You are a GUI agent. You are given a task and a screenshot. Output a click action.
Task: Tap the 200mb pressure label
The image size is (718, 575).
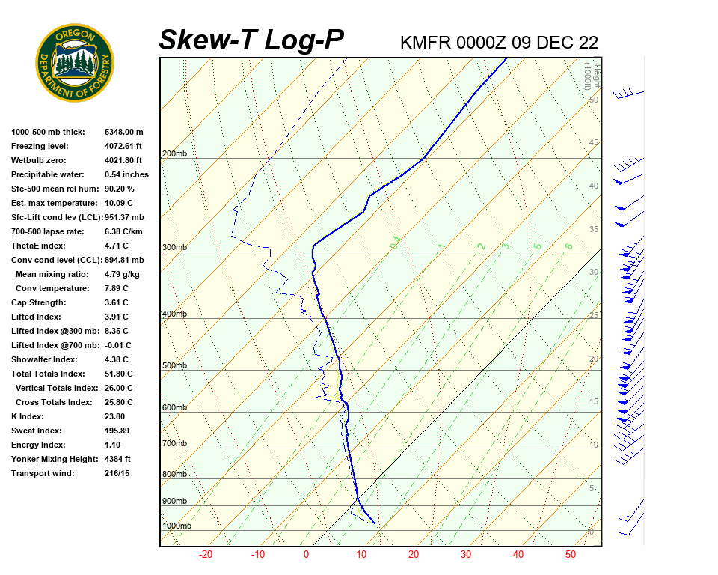pyautogui.click(x=174, y=154)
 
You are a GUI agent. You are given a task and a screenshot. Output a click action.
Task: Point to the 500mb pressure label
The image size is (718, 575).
pyautogui.click(x=174, y=365)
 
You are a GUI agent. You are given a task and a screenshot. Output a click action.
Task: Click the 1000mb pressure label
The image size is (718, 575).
pyautogui.click(x=177, y=526)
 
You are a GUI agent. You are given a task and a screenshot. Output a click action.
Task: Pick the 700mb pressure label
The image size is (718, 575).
pyautogui.click(x=174, y=444)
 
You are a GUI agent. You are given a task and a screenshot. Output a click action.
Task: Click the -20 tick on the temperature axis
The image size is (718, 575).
pyautogui.click(x=206, y=555)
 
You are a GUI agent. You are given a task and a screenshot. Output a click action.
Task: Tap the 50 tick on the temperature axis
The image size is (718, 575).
pyautogui.click(x=571, y=555)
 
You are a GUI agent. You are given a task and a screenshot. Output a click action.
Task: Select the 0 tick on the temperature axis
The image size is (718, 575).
pyautogui.click(x=306, y=555)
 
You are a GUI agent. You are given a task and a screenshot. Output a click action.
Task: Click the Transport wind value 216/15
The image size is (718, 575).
pyautogui.click(x=117, y=473)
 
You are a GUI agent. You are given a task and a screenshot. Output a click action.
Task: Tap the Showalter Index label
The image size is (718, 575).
pyautogui.click(x=43, y=359)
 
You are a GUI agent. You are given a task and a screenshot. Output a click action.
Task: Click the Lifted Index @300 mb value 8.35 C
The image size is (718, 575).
pyautogui.click(x=117, y=331)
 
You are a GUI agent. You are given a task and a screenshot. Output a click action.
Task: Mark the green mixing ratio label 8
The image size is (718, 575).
pyautogui.click(x=568, y=246)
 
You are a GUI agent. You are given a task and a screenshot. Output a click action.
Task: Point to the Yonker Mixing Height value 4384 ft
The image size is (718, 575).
pyautogui.click(x=118, y=459)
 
